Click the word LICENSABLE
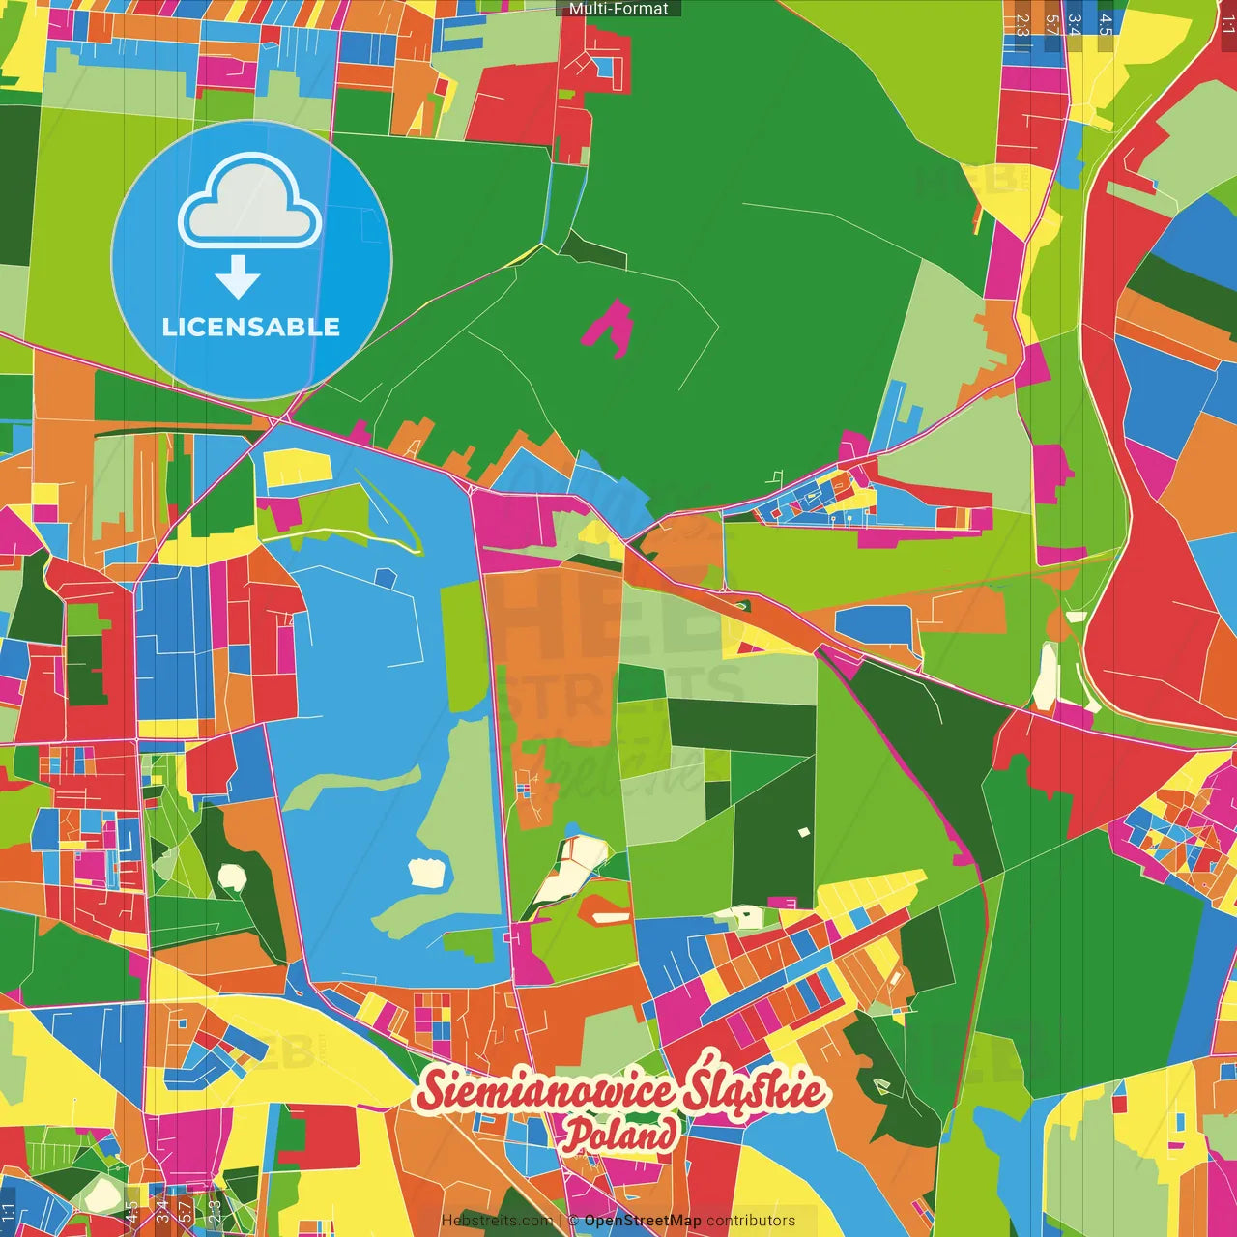(x=250, y=327)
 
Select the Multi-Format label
(x=618, y=9)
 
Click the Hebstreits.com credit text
(x=497, y=1221)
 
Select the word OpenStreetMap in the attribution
(x=643, y=1221)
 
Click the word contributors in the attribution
(x=751, y=1221)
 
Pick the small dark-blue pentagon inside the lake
(x=385, y=578)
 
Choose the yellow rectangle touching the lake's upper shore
(x=298, y=468)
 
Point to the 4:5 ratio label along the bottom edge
(x=131, y=1211)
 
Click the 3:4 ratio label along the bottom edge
(x=161, y=1211)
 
